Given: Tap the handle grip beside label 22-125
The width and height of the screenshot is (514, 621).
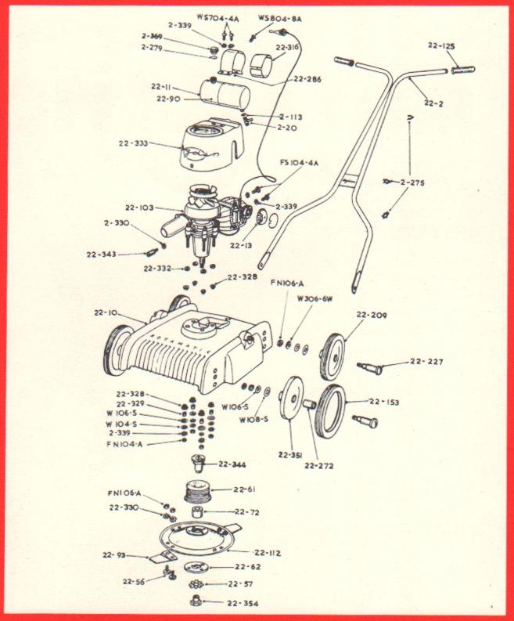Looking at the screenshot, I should pyautogui.click(x=463, y=70).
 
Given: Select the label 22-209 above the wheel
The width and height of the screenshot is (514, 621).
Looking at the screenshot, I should pyautogui.click(x=372, y=316).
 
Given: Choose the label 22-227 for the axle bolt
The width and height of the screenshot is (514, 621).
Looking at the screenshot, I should pyautogui.click(x=427, y=362).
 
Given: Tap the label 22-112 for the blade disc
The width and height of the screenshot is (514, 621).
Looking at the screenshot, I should pyautogui.click(x=268, y=553).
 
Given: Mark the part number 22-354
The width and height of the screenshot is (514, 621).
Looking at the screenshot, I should pyautogui.click(x=243, y=603).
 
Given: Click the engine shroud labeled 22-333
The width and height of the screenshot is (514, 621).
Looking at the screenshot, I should pyautogui.click(x=207, y=146).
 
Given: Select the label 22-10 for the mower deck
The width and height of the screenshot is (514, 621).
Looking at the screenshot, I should pyautogui.click(x=104, y=313).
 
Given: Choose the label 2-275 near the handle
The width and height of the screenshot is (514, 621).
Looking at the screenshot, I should pyautogui.click(x=415, y=182).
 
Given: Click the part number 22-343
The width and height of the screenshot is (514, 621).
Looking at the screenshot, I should pyautogui.click(x=101, y=253).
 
